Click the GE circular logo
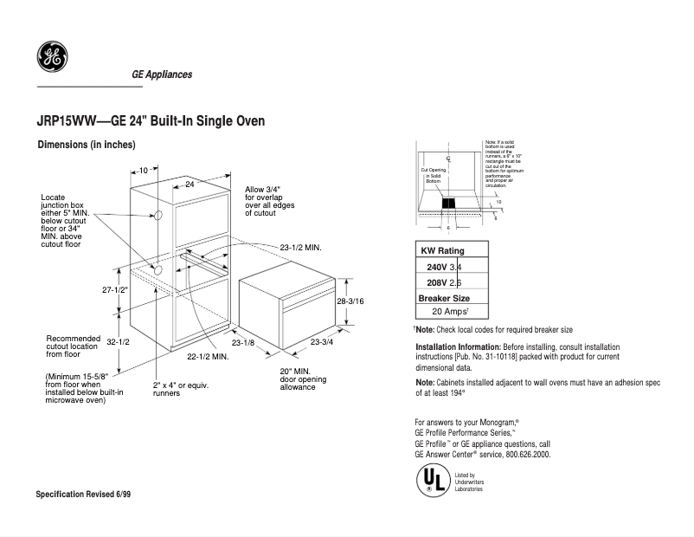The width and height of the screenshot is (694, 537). (50, 58)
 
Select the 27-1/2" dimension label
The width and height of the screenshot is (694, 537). (114, 290)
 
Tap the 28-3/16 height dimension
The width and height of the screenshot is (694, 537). (350, 301)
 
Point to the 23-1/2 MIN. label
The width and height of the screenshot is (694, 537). (300, 248)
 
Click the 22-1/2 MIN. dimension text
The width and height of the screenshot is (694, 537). (208, 356)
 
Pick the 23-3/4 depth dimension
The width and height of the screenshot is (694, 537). (322, 343)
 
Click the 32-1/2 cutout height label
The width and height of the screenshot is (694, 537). (118, 342)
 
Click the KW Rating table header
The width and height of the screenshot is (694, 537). (442, 250)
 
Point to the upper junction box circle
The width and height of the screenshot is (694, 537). (158, 216)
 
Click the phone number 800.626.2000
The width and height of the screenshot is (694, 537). (524, 454)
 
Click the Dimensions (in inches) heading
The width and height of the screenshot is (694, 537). (86, 145)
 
